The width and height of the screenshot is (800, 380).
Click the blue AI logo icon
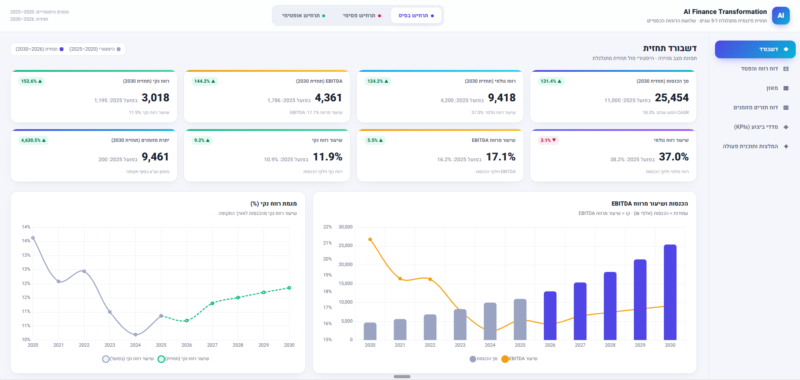click(781, 16)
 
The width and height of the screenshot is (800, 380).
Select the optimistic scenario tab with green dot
click(304, 16)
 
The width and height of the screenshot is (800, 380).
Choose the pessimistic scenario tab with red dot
click(362, 16)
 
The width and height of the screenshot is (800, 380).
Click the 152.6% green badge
click(31, 81)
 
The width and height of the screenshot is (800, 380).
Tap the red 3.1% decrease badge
click(548, 140)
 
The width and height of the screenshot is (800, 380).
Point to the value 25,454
click(671, 98)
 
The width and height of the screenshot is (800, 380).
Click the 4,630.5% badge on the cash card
click(33, 140)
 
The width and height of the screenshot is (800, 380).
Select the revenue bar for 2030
click(670, 292)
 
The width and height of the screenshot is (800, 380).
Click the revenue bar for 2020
click(370, 331)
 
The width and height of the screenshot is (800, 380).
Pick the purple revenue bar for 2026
click(550, 316)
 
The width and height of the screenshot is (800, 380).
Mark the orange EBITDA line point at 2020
click(370, 239)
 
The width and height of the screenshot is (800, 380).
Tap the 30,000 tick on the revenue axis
click(345, 227)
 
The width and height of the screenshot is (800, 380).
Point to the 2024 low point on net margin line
click(135, 335)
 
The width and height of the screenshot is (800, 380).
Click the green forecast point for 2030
click(289, 288)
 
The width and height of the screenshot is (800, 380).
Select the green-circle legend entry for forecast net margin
click(183, 359)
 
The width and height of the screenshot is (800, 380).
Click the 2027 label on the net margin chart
click(212, 345)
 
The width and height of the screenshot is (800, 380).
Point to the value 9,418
click(502, 98)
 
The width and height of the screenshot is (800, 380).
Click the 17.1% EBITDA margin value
click(501, 157)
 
